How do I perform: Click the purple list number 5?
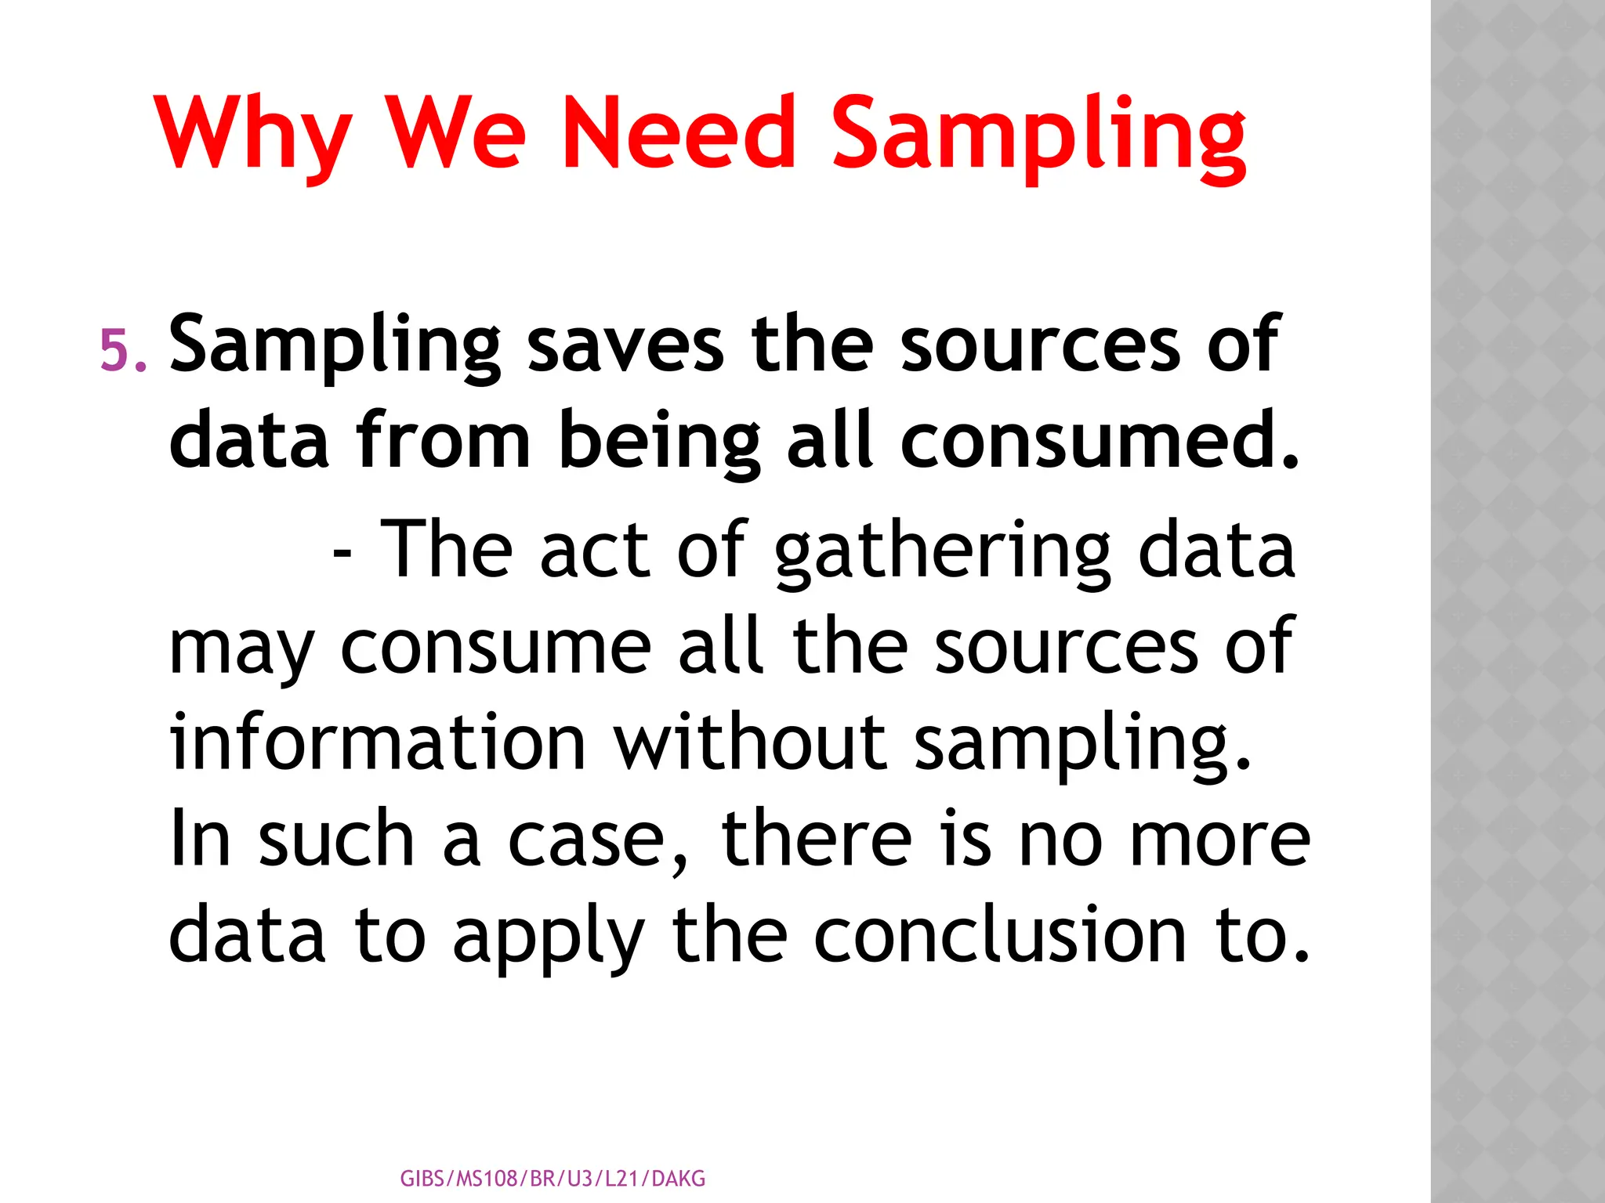[x=123, y=349]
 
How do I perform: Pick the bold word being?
[x=659, y=443]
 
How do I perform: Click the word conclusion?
[x=1000, y=935]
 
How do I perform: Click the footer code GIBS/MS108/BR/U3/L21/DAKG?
[x=553, y=1179]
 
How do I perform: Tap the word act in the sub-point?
[x=595, y=551]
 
